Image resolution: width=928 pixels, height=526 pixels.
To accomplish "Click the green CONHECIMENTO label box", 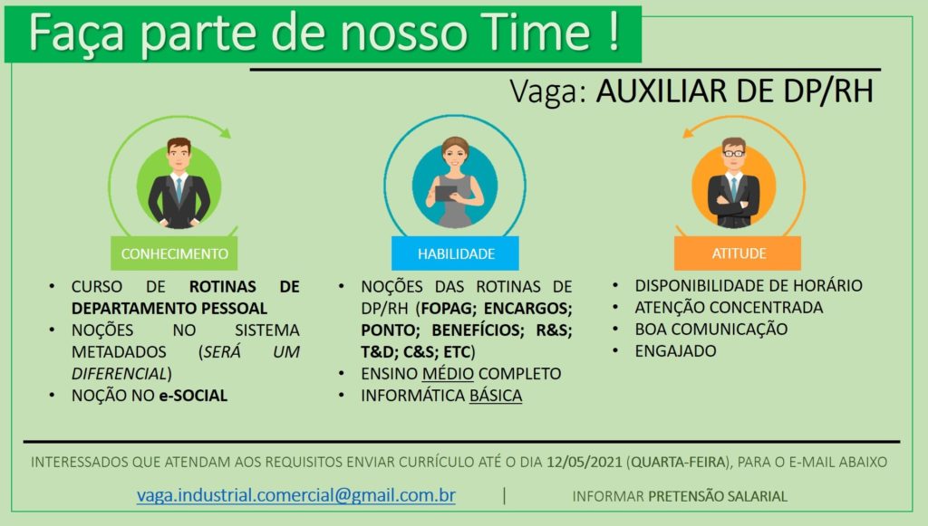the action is (x=174, y=253).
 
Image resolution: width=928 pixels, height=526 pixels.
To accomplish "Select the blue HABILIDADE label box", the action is (x=455, y=253).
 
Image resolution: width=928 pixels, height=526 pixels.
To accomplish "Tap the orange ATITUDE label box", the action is (x=738, y=253).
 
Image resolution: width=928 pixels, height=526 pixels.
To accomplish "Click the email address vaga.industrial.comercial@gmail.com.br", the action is (x=296, y=495).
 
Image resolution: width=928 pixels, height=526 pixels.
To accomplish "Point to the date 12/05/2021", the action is (x=585, y=462).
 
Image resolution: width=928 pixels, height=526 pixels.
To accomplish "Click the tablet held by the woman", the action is (x=446, y=193).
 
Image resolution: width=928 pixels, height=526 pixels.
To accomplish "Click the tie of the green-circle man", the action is (x=179, y=190).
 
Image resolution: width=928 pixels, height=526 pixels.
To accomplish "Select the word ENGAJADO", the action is (x=675, y=351).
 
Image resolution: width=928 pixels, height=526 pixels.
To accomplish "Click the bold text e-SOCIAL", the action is (x=193, y=396).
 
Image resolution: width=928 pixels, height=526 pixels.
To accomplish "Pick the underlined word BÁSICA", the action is (x=496, y=396).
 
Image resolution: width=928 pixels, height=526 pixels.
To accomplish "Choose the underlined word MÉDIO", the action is (x=448, y=374).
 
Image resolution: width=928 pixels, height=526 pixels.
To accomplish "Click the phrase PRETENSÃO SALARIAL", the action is (x=718, y=496).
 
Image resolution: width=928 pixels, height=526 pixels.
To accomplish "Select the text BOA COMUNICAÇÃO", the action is (x=710, y=330).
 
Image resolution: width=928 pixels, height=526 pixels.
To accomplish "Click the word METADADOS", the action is (x=119, y=351).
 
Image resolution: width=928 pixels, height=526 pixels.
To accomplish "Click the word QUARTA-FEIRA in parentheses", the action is (x=678, y=462).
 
